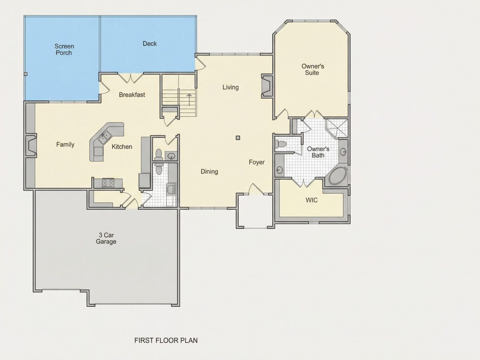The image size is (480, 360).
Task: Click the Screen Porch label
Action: [64, 49]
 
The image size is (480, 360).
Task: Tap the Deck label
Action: [150, 44]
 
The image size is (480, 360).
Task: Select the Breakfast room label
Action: [132, 95]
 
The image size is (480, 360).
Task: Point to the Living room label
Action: [230, 87]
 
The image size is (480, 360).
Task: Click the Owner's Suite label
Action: [312, 69]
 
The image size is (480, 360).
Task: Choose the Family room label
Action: [65, 144]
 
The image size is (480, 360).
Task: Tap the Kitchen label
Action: [122, 147]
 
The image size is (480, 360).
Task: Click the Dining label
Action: [209, 171]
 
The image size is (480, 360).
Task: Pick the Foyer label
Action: [257, 162]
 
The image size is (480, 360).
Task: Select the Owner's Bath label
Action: [318, 152]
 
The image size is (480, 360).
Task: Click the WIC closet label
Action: [312, 200]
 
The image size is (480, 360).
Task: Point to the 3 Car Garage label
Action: [106, 238]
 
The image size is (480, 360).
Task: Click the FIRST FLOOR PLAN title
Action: [166, 340]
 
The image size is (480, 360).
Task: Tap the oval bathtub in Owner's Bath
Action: [337, 175]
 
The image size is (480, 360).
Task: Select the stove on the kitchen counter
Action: [108, 183]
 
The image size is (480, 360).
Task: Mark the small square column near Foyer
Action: [238, 138]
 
